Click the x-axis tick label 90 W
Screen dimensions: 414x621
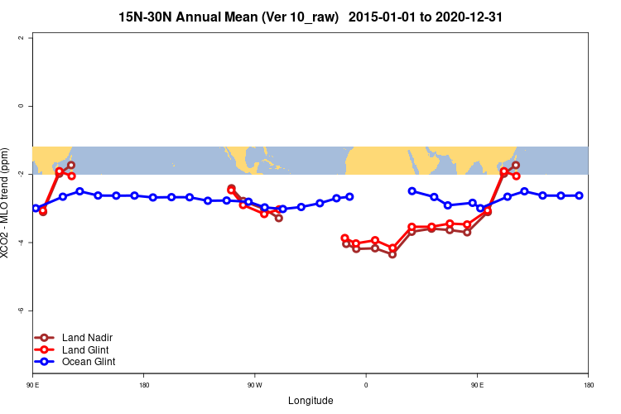coord(253,385)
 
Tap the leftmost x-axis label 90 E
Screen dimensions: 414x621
coord(33,385)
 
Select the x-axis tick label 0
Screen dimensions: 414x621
coord(365,385)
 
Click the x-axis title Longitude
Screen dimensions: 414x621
coord(310,401)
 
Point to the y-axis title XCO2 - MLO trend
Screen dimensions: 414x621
coord(7,204)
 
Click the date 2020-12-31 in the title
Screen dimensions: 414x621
coord(473,17)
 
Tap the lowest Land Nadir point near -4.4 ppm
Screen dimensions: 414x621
coord(392,254)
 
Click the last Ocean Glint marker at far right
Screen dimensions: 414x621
coord(579,195)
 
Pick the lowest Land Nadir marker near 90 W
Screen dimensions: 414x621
coord(279,218)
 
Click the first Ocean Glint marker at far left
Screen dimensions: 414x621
coord(36,208)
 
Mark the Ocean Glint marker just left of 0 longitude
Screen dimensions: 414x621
coord(349,196)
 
